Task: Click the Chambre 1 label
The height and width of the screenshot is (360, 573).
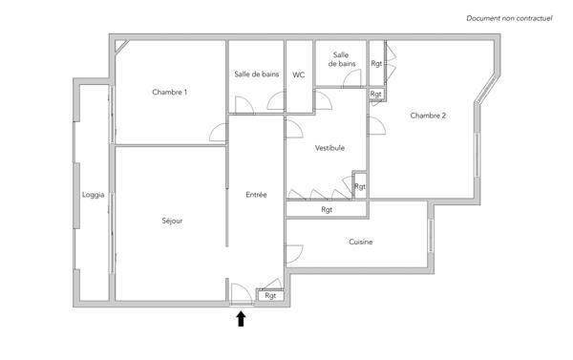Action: point(169,93)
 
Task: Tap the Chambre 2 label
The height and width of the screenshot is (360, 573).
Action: point(428,116)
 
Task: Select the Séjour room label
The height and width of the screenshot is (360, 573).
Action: point(172,221)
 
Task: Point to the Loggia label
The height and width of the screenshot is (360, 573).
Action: point(93,195)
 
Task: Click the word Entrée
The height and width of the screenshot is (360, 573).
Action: point(256,195)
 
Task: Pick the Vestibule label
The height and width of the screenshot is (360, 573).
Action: point(329,148)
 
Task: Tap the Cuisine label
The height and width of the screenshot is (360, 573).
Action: point(360,242)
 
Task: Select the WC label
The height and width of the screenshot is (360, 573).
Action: point(299,74)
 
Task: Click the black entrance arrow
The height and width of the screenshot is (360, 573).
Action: point(241,319)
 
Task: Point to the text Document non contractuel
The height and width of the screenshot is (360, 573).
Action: point(509,18)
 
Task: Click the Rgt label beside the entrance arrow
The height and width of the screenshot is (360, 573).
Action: point(270,296)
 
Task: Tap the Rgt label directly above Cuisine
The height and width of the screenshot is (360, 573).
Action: point(327,209)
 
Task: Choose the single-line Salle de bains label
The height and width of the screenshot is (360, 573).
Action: point(255,74)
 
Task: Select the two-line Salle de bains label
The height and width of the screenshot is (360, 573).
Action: point(341,59)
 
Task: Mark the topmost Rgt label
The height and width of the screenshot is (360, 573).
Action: point(376,63)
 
